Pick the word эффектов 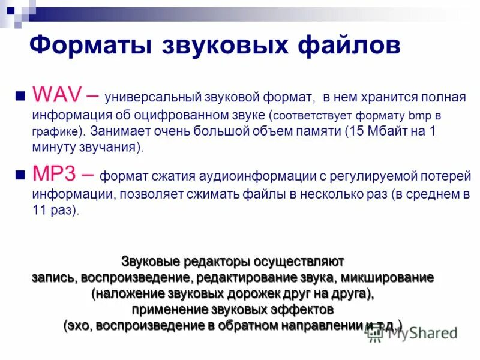302,310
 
